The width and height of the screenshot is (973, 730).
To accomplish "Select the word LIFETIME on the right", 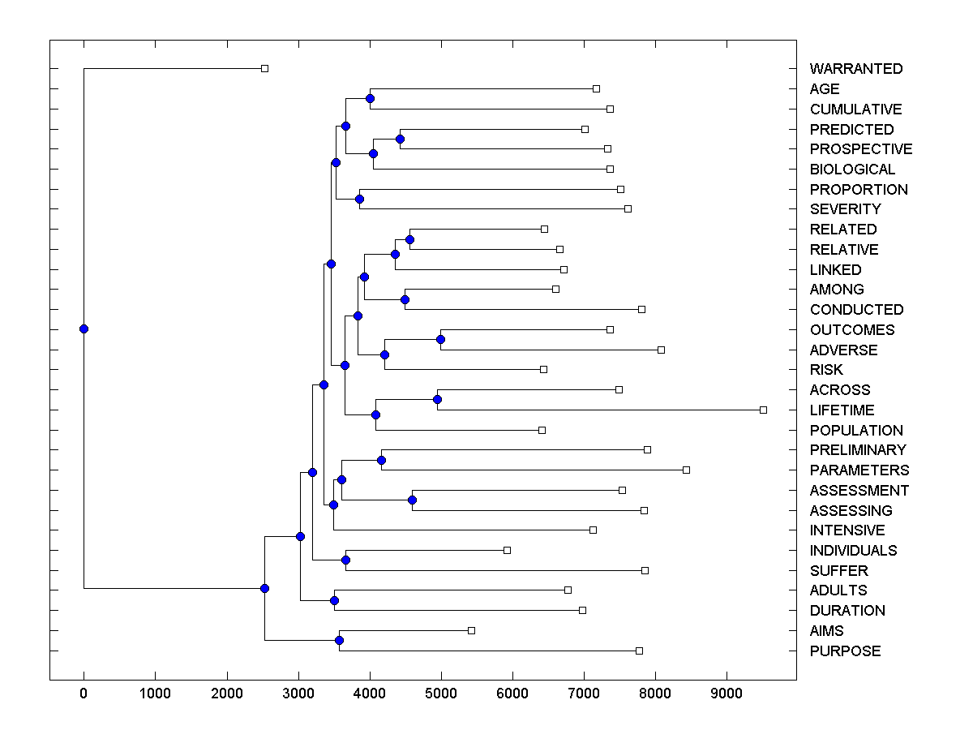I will (842, 410).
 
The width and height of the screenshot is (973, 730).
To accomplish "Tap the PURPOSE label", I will (845, 651).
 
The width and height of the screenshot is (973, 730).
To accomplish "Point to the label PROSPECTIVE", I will (860, 149).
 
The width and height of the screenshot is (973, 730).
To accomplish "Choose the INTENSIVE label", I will (847, 530).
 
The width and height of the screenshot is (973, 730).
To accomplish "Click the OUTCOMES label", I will (851, 330).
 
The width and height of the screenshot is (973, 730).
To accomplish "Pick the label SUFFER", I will (838, 571).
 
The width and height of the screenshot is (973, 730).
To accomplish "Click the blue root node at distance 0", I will (84, 328).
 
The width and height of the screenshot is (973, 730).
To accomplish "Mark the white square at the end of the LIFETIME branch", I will (763, 410).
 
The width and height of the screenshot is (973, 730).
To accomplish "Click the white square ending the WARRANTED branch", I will (264, 68).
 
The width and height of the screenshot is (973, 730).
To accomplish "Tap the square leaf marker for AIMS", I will (471, 630).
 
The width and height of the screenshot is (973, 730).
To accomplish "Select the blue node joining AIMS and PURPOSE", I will (339, 641).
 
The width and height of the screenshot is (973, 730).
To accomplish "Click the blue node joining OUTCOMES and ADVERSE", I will (440, 339).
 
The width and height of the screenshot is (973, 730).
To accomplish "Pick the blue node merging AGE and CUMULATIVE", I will (370, 99).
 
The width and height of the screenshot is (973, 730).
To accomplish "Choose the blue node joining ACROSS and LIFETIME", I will (437, 399).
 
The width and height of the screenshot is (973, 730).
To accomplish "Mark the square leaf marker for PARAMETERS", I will (686, 470).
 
